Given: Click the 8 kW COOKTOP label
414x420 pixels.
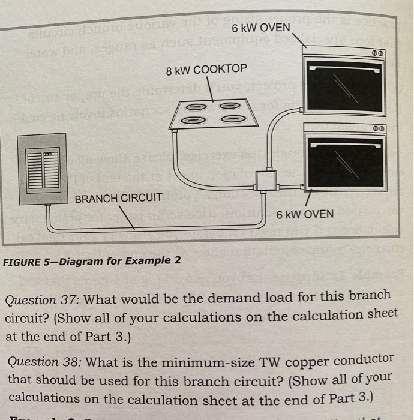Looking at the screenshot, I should click(206, 69).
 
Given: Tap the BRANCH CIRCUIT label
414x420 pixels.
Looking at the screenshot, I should click(118, 197).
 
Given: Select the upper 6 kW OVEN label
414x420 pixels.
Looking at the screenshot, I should click(260, 28).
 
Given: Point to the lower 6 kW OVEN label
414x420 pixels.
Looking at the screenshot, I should click(305, 214).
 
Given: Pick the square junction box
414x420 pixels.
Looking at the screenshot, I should click(264, 179).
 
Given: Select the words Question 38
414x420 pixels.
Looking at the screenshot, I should click(38, 361).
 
